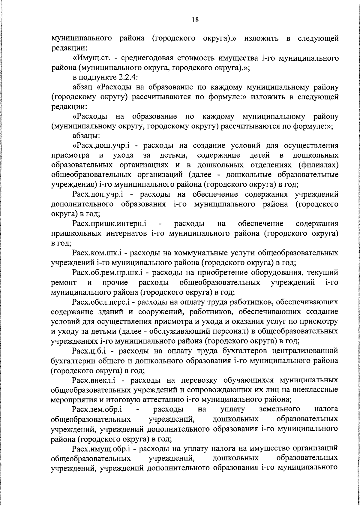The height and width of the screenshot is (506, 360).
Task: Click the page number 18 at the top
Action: click(195, 20)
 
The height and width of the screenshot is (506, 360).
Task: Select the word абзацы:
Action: click(86, 136)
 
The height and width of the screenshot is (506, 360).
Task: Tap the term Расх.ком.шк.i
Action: click(98, 253)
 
